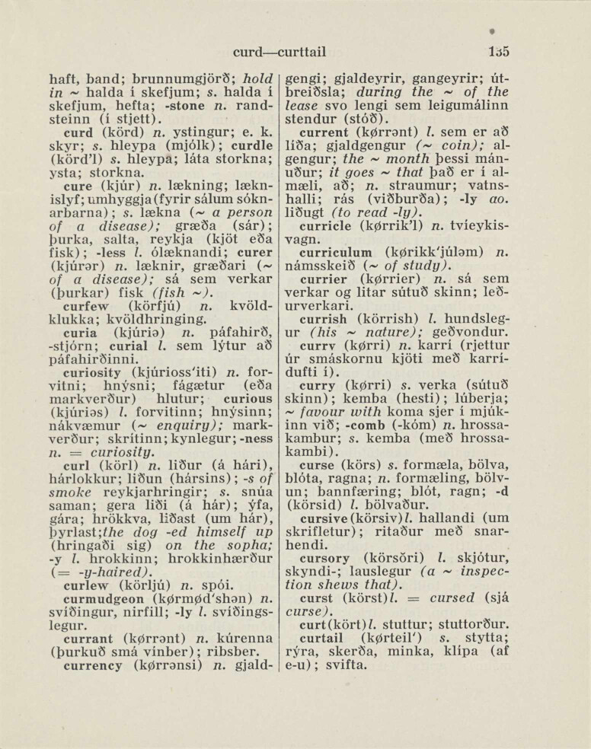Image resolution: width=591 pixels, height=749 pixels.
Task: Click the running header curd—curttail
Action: point(280,53)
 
